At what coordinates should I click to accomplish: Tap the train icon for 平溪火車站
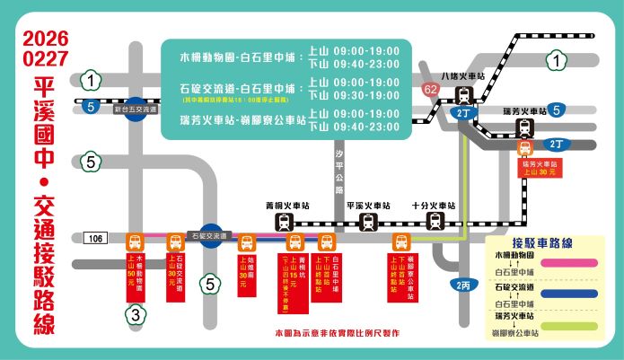[x=368, y=222]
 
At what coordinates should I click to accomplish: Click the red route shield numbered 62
[x=431, y=90]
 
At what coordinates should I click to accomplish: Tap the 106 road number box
[x=97, y=239]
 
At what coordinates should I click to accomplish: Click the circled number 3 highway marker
[x=135, y=314]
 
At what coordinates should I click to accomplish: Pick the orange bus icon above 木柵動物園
[x=134, y=241]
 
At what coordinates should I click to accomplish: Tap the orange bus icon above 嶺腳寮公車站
[x=401, y=241]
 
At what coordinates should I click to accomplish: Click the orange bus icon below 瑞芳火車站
[x=523, y=147]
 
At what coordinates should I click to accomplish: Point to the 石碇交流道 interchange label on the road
[x=209, y=235]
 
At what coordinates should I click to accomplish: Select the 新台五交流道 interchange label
[x=135, y=109]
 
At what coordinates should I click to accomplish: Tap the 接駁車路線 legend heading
[x=542, y=243]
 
